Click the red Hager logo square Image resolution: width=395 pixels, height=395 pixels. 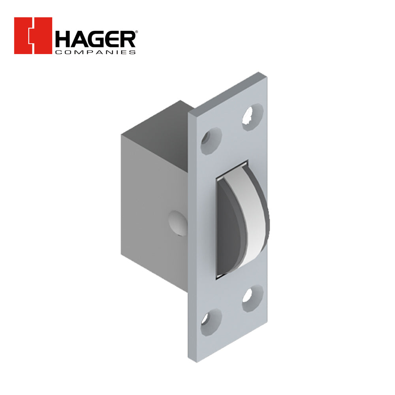point(33,36)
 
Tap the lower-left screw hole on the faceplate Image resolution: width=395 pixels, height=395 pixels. point(210,318)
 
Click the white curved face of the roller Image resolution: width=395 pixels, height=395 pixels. point(253,221)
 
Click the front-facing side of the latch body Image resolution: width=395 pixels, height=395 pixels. point(154,197)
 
